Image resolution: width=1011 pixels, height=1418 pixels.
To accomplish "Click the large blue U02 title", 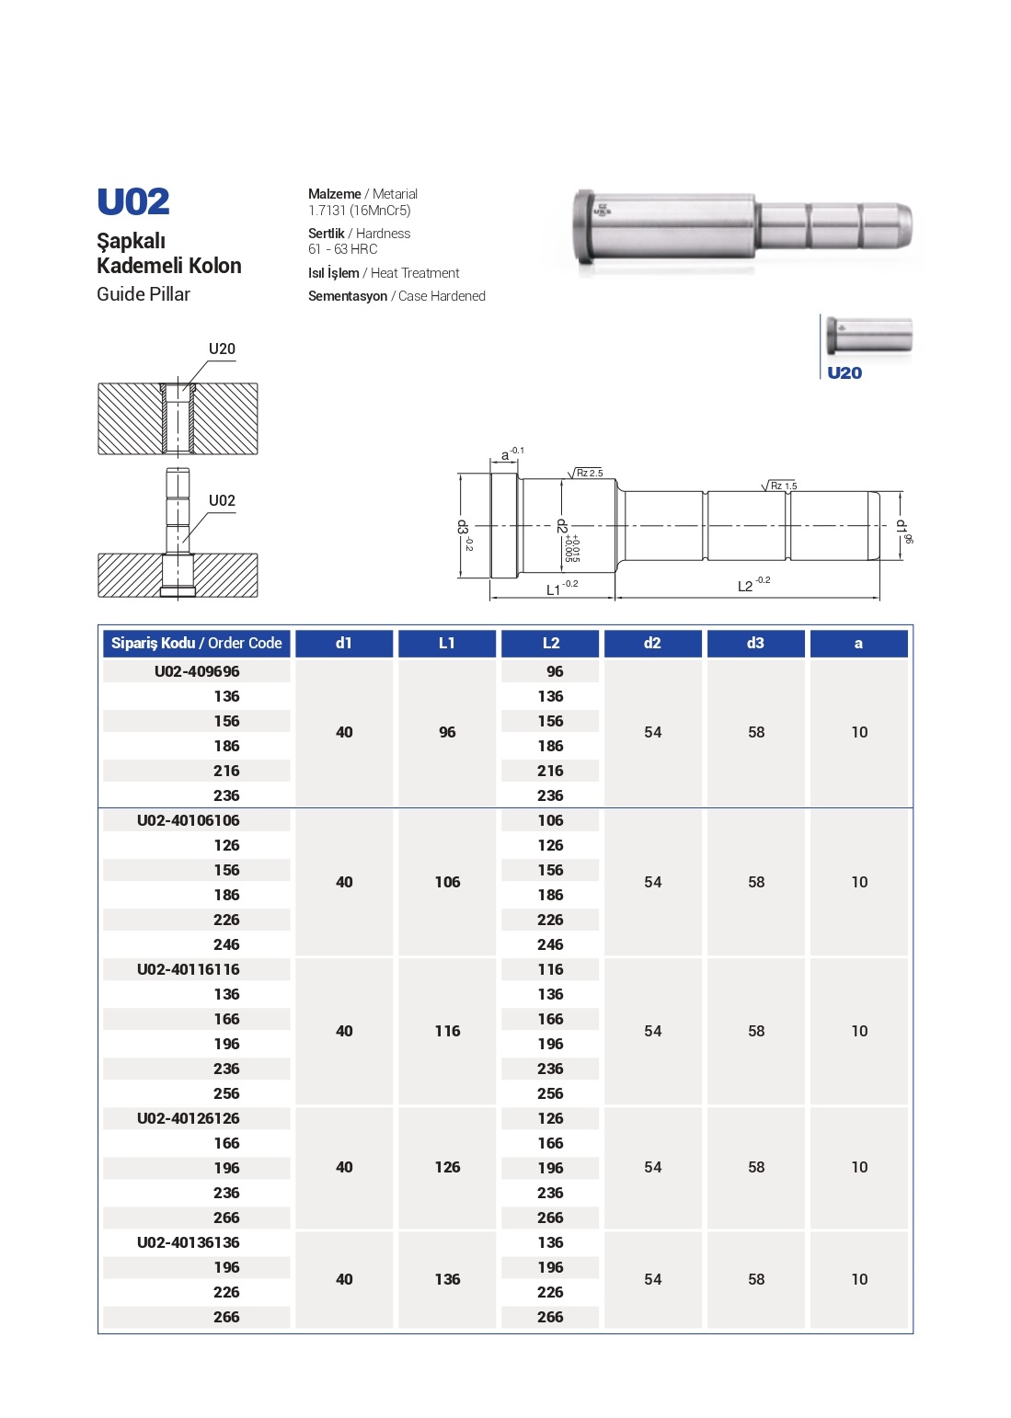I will [133, 202].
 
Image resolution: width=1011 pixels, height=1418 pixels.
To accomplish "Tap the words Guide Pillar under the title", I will [144, 294].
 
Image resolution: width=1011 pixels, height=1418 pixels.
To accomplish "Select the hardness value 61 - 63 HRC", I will [342, 249].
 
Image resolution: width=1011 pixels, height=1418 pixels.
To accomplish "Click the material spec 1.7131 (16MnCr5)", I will [359, 211].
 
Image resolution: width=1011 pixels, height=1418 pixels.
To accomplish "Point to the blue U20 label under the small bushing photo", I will [844, 372].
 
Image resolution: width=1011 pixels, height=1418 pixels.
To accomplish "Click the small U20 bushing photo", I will [868, 336].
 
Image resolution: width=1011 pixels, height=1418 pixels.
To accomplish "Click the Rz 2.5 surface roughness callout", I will [589, 473].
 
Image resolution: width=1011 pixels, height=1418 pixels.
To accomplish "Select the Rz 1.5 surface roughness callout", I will [783, 486].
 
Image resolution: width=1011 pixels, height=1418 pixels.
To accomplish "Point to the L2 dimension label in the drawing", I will [746, 586].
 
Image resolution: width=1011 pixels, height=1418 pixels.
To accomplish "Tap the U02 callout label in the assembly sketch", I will [222, 501].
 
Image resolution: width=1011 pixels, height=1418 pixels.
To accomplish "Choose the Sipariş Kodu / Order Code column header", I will [196, 643].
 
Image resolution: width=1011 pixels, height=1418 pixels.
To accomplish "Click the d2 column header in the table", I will [652, 643].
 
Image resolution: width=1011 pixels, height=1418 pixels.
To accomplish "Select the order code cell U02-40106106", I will [189, 820].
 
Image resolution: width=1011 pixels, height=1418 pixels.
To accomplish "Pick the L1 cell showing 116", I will [447, 1031].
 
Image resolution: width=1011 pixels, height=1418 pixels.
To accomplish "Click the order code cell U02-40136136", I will [189, 1242].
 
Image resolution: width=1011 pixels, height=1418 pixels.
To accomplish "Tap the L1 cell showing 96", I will [447, 732].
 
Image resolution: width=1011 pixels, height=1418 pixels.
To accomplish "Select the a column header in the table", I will [858, 643].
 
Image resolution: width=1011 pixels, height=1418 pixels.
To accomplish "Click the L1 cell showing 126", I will [447, 1167].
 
